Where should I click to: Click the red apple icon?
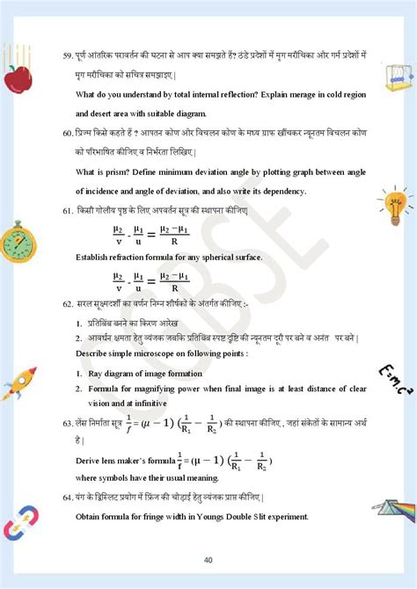[17, 77]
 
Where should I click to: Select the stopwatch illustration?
[17, 240]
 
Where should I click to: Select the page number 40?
[208, 560]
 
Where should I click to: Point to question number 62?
[68, 303]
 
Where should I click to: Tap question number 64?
[68, 498]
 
